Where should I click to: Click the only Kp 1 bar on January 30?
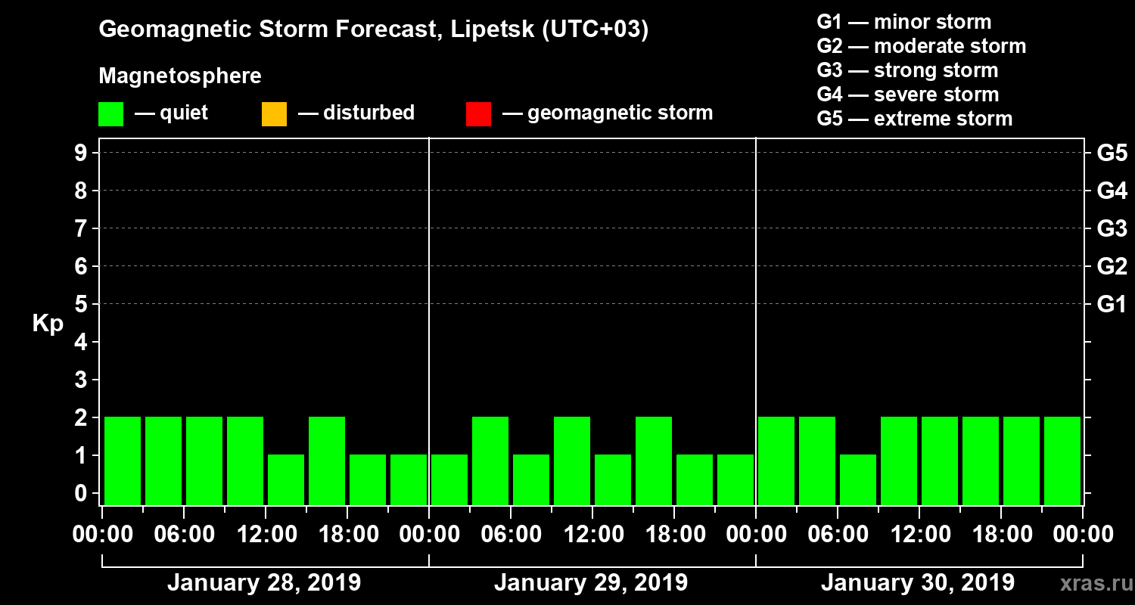[858, 479]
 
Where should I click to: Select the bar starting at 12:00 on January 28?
[286, 479]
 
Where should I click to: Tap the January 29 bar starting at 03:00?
[490, 461]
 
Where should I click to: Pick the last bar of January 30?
[1062, 461]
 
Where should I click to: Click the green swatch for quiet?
[110, 114]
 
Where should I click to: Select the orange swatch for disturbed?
[274, 114]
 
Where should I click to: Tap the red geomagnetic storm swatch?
[478, 114]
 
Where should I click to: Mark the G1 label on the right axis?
[1112, 305]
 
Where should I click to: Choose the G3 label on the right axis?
[1112, 229]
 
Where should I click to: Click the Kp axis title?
[48, 324]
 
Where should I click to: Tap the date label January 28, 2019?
[263, 583]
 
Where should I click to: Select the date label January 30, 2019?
[917, 583]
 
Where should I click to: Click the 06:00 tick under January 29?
[511, 535]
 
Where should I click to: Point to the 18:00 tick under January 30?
[1001, 535]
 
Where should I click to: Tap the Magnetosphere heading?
[180, 76]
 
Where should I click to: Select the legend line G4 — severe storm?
[907, 95]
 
